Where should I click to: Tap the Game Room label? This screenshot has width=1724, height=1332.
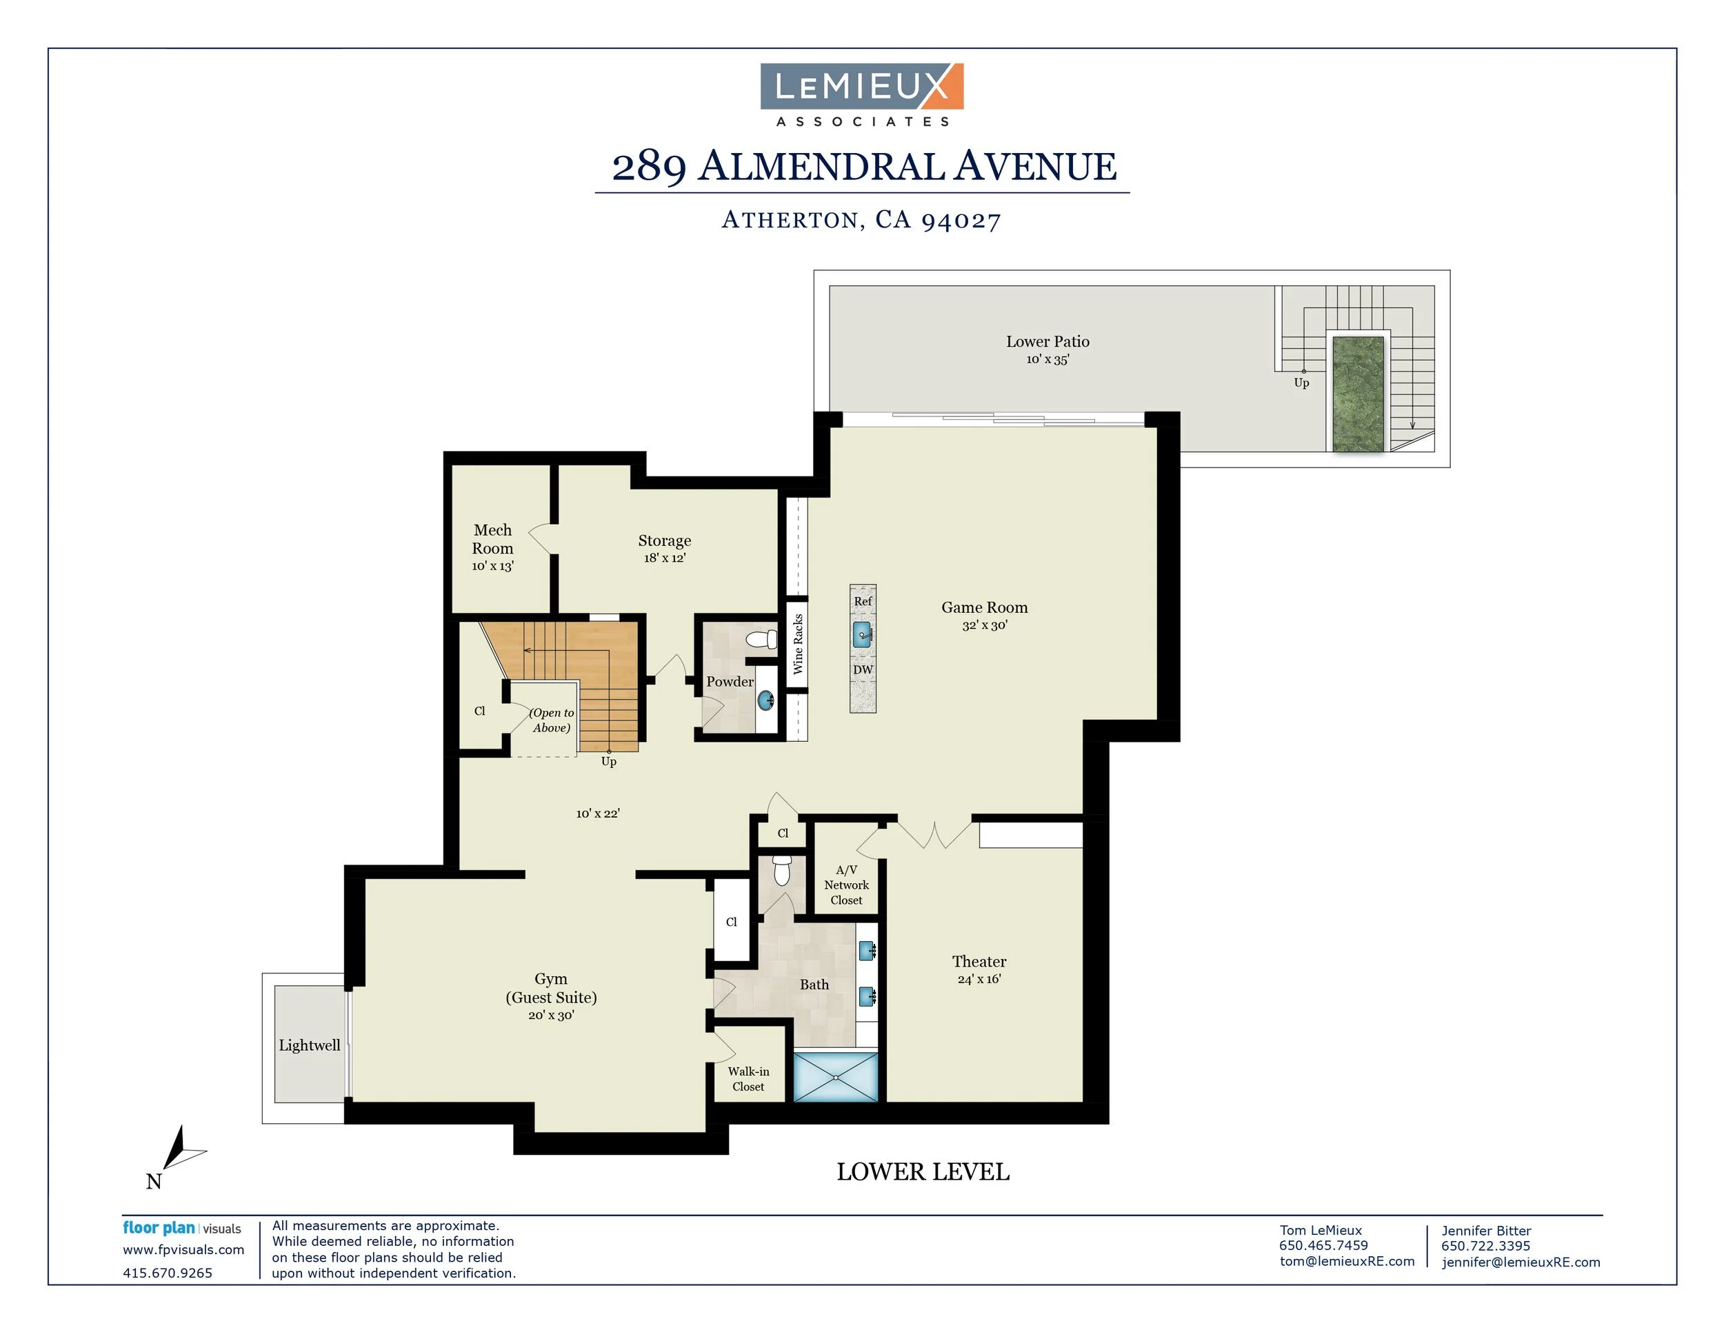[984, 607]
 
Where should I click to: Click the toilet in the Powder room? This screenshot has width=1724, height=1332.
[763, 638]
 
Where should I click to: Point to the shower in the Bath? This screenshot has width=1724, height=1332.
[835, 1076]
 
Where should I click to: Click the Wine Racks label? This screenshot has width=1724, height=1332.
[798, 644]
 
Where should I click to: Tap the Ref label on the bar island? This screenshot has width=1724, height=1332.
[863, 601]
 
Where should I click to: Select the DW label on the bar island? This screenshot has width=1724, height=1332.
[863, 670]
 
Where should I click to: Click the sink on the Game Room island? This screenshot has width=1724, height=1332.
[863, 634]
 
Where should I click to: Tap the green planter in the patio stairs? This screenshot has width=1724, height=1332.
[1359, 394]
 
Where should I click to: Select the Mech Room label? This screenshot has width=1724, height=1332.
[492, 539]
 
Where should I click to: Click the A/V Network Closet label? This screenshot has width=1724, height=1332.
[846, 885]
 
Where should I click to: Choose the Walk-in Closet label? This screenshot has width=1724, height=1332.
[748, 1079]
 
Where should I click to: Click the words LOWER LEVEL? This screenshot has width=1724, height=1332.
[923, 1173]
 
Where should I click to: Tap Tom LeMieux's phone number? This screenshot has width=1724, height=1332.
[1324, 1246]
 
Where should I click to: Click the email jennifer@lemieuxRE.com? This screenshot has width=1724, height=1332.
[1521, 1262]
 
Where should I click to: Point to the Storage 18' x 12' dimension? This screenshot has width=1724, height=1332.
[665, 558]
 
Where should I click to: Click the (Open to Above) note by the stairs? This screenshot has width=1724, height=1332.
[552, 720]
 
